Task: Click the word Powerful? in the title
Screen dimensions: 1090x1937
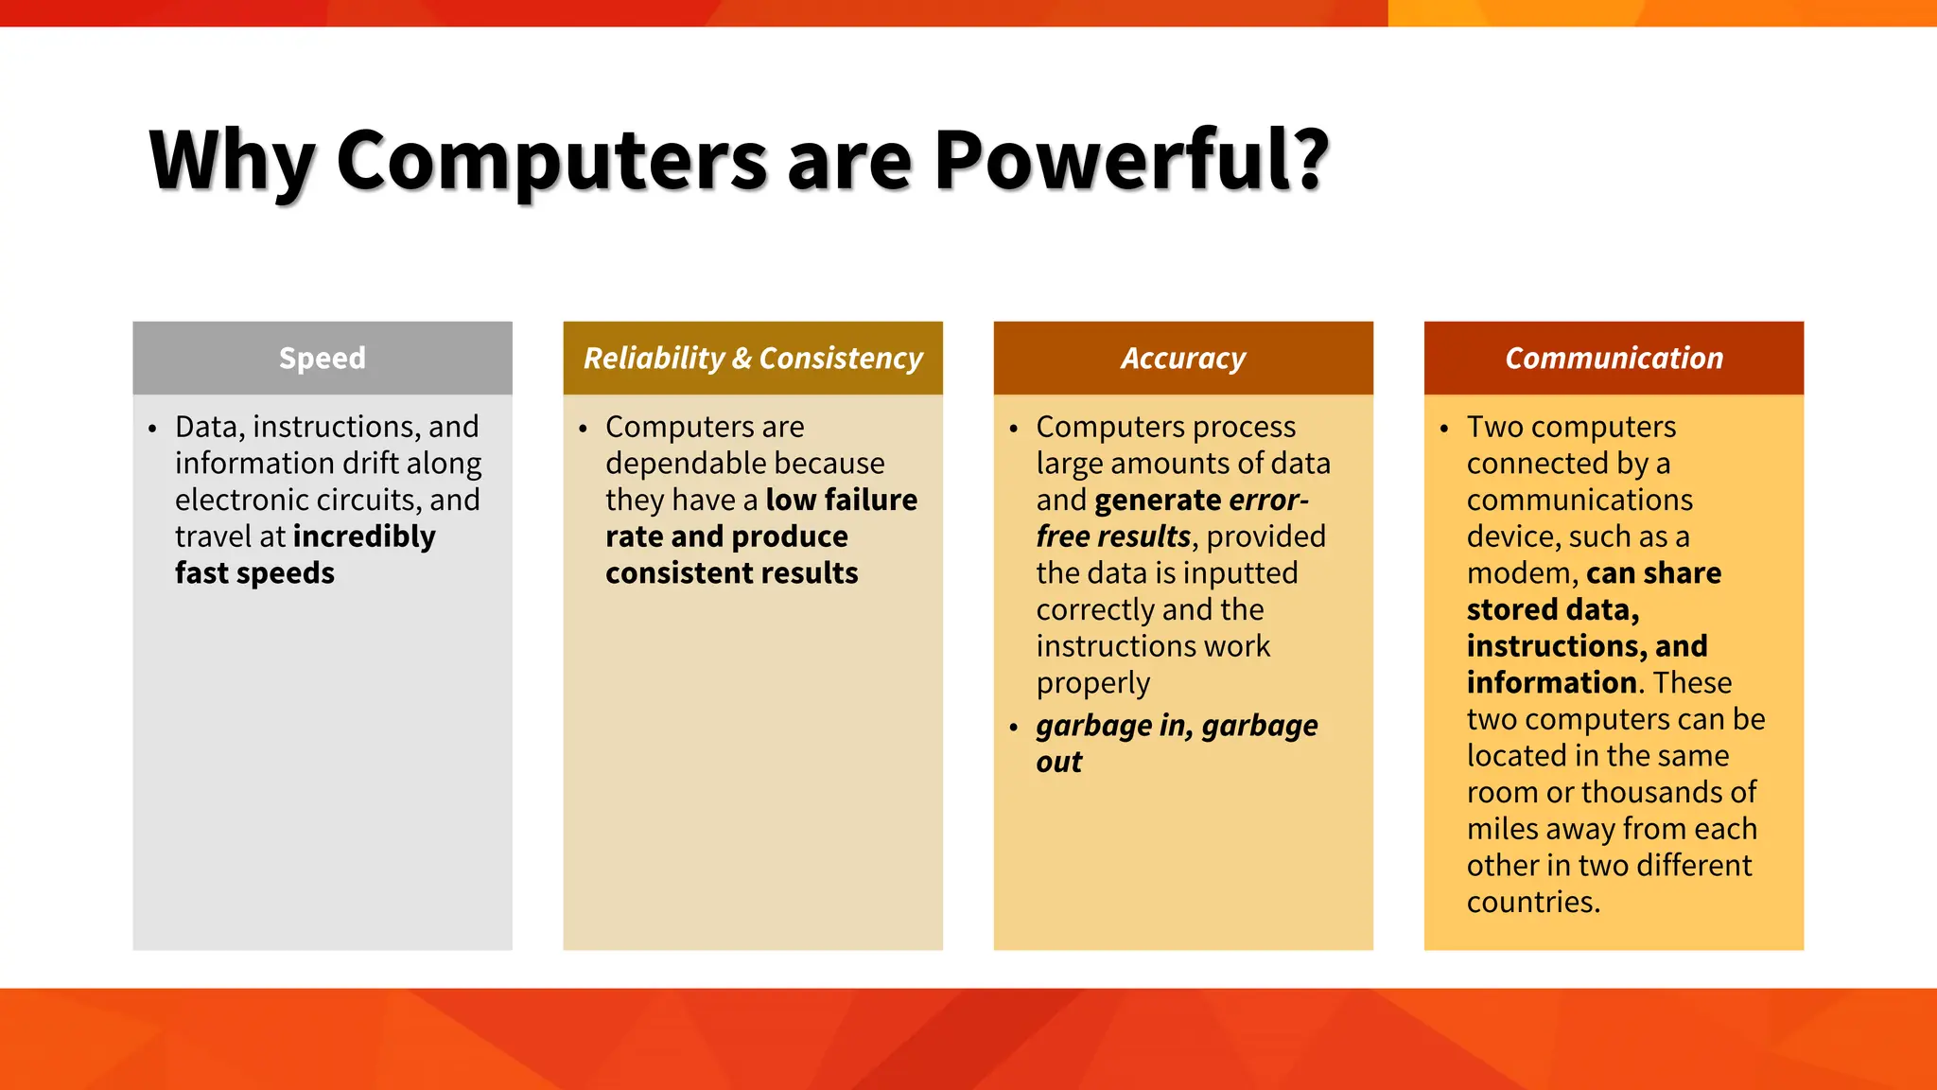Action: (x=1131, y=161)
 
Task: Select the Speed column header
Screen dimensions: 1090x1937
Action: (x=322, y=358)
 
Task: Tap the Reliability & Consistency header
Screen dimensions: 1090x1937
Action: (x=753, y=358)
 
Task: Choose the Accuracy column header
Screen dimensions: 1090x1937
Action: (x=1183, y=358)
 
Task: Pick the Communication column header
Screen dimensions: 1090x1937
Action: (x=1614, y=358)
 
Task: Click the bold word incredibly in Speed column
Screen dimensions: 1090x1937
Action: (x=364, y=536)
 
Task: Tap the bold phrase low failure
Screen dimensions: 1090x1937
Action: (x=841, y=500)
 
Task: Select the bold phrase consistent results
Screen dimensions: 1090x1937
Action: (x=731, y=573)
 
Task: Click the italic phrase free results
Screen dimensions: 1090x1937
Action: (x=1112, y=536)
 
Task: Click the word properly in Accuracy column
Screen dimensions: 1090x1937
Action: (x=1092, y=683)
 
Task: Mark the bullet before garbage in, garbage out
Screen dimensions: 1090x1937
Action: (x=1014, y=728)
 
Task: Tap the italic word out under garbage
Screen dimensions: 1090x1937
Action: (x=1058, y=763)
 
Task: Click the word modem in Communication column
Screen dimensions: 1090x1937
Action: (x=1519, y=573)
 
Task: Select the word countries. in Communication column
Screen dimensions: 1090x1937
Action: (x=1532, y=902)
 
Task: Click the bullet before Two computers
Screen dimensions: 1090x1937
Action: (x=1444, y=429)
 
